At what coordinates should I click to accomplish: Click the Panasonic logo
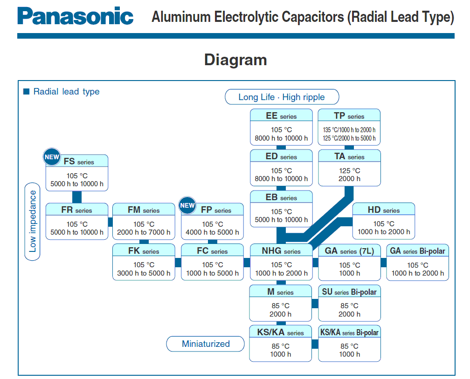(x=76, y=17)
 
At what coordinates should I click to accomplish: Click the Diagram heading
(x=235, y=60)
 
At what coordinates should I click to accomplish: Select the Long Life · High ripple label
(x=282, y=97)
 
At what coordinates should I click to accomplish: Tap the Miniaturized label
(x=206, y=344)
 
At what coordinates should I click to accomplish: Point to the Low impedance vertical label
(x=32, y=221)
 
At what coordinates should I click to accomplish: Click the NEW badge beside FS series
(x=52, y=157)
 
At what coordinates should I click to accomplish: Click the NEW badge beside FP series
(x=187, y=205)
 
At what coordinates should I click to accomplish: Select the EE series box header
(x=281, y=116)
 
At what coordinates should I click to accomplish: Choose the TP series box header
(x=349, y=116)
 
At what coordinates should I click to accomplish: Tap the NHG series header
(x=281, y=251)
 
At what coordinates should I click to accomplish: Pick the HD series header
(x=383, y=210)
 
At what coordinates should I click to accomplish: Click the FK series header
(x=144, y=251)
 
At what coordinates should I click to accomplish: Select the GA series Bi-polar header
(x=417, y=251)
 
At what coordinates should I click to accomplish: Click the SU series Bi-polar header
(x=349, y=292)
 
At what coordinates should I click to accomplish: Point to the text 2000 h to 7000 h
(x=144, y=232)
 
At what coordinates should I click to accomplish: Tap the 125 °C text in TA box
(x=349, y=171)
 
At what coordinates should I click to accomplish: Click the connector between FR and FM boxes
(x=111, y=222)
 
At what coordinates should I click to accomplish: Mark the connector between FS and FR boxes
(x=77, y=197)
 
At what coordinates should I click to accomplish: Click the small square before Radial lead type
(x=26, y=91)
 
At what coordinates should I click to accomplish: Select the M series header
(x=280, y=292)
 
